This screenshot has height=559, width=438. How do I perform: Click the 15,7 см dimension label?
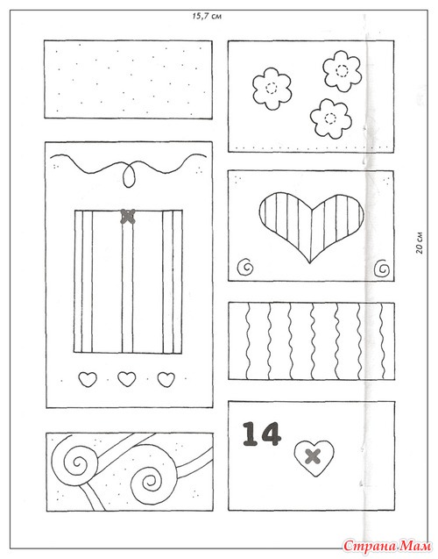(207, 17)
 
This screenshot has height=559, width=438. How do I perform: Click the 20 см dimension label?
(420, 243)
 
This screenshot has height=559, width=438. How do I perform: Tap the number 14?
(262, 434)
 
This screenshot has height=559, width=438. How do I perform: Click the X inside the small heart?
(313, 456)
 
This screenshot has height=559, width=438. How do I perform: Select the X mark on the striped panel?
(128, 216)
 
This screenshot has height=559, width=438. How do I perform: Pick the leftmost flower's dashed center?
(272, 88)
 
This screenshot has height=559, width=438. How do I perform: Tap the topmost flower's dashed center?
(343, 70)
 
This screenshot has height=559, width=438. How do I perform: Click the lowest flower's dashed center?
(330, 118)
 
